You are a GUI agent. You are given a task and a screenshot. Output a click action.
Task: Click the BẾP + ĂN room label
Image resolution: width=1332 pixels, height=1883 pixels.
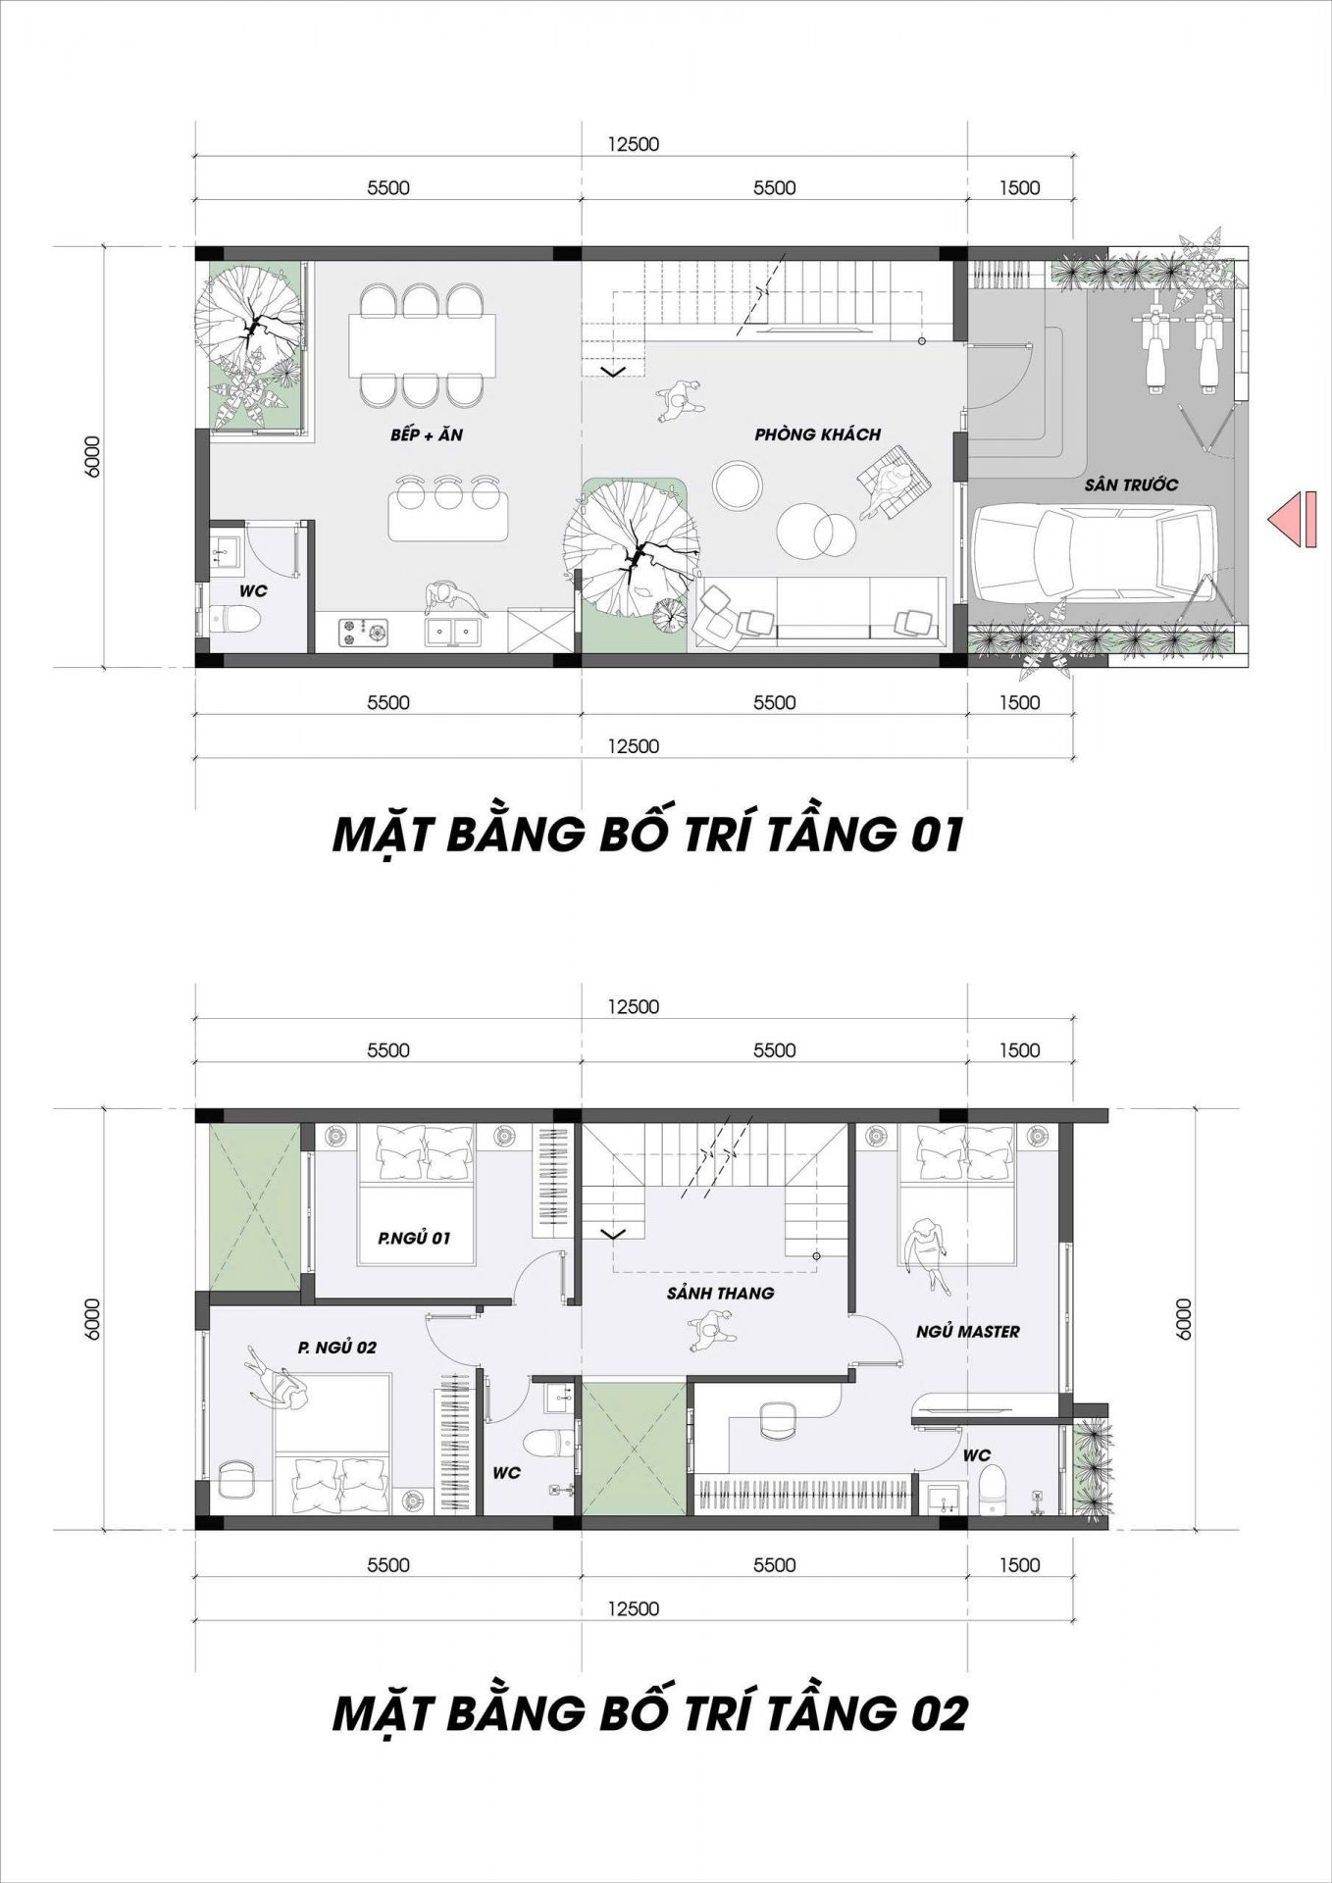point(426,434)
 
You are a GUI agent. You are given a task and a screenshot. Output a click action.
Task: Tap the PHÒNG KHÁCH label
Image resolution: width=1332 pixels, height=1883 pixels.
point(818,434)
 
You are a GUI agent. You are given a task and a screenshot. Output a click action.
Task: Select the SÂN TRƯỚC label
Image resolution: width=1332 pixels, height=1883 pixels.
point(1131,484)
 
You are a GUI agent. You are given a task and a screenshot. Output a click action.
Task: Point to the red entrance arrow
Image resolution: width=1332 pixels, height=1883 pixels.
point(1292,519)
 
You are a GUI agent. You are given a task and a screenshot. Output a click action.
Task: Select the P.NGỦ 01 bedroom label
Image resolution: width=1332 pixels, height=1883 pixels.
point(414,1239)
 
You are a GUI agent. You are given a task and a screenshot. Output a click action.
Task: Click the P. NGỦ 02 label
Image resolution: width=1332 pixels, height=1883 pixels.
point(337,1348)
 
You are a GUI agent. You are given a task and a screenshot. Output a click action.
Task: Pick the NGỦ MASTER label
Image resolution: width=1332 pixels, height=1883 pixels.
point(968,1332)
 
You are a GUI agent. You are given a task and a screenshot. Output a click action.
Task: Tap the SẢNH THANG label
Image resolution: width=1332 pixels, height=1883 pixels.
point(720,1294)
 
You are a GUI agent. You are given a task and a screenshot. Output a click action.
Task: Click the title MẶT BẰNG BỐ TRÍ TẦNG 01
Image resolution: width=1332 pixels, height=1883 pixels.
point(648,836)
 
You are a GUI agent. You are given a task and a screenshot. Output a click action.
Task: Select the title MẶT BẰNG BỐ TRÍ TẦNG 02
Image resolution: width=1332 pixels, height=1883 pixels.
point(650,1713)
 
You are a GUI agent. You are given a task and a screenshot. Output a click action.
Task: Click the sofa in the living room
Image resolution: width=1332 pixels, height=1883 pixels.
point(819,612)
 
